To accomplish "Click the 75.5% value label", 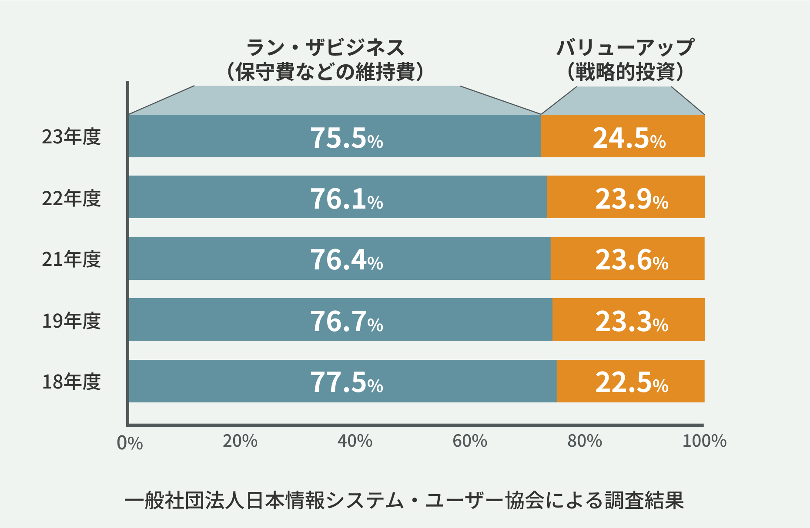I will [x=346, y=138].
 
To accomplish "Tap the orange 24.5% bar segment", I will [x=623, y=136].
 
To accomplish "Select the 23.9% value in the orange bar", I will [x=631, y=199].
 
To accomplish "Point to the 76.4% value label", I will [x=346, y=260].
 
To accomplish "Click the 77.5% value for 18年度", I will [x=346, y=382].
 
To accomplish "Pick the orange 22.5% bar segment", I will [x=630, y=381].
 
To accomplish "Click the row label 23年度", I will [x=71, y=137].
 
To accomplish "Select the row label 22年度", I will [x=71, y=199].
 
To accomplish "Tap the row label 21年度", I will [x=71, y=259].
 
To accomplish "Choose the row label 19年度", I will [x=71, y=321].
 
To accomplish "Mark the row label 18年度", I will [x=71, y=382].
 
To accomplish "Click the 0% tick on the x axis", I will [x=130, y=443].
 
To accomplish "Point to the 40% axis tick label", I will [x=355, y=441].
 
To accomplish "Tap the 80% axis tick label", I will [x=584, y=441].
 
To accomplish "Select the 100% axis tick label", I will [x=704, y=441].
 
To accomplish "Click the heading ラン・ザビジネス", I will [x=325, y=47].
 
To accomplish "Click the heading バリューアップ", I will [x=625, y=47].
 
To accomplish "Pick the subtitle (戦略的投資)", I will [x=625, y=72].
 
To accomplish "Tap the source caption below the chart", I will [x=404, y=501].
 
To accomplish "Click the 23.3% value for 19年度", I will [x=631, y=322].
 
